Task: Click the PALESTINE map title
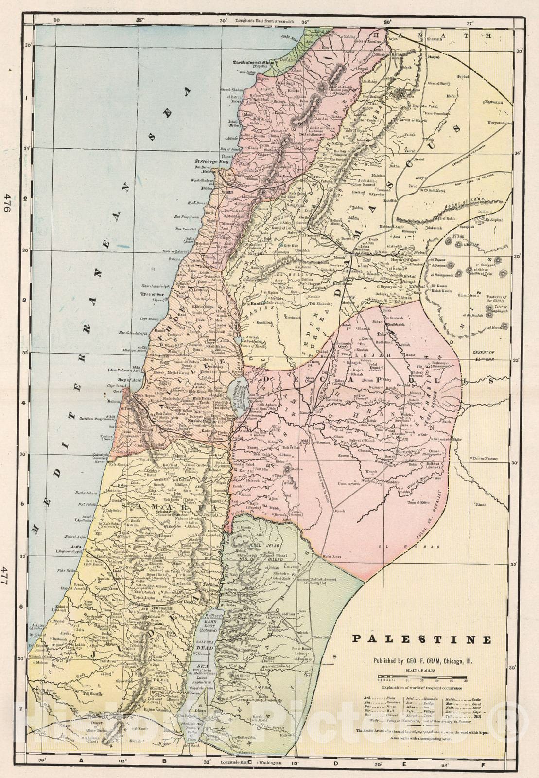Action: (421, 639)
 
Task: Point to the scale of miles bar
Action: (421, 676)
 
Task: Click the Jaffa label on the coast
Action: (75, 547)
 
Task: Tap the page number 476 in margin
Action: (7, 201)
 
